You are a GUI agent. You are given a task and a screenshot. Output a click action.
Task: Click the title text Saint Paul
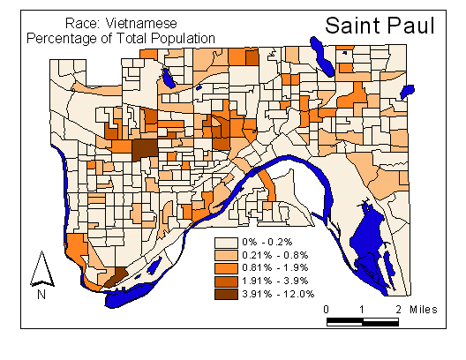tap(380, 25)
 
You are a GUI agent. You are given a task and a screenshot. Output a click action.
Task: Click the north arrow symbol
tap(39, 267)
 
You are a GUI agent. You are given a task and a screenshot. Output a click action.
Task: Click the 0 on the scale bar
tap(327, 309)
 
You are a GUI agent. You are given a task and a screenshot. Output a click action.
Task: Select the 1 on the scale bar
tap(363, 309)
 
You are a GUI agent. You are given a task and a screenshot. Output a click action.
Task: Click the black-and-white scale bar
tap(363, 320)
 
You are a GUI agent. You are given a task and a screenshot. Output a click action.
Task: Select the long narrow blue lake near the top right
tap(322, 57)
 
